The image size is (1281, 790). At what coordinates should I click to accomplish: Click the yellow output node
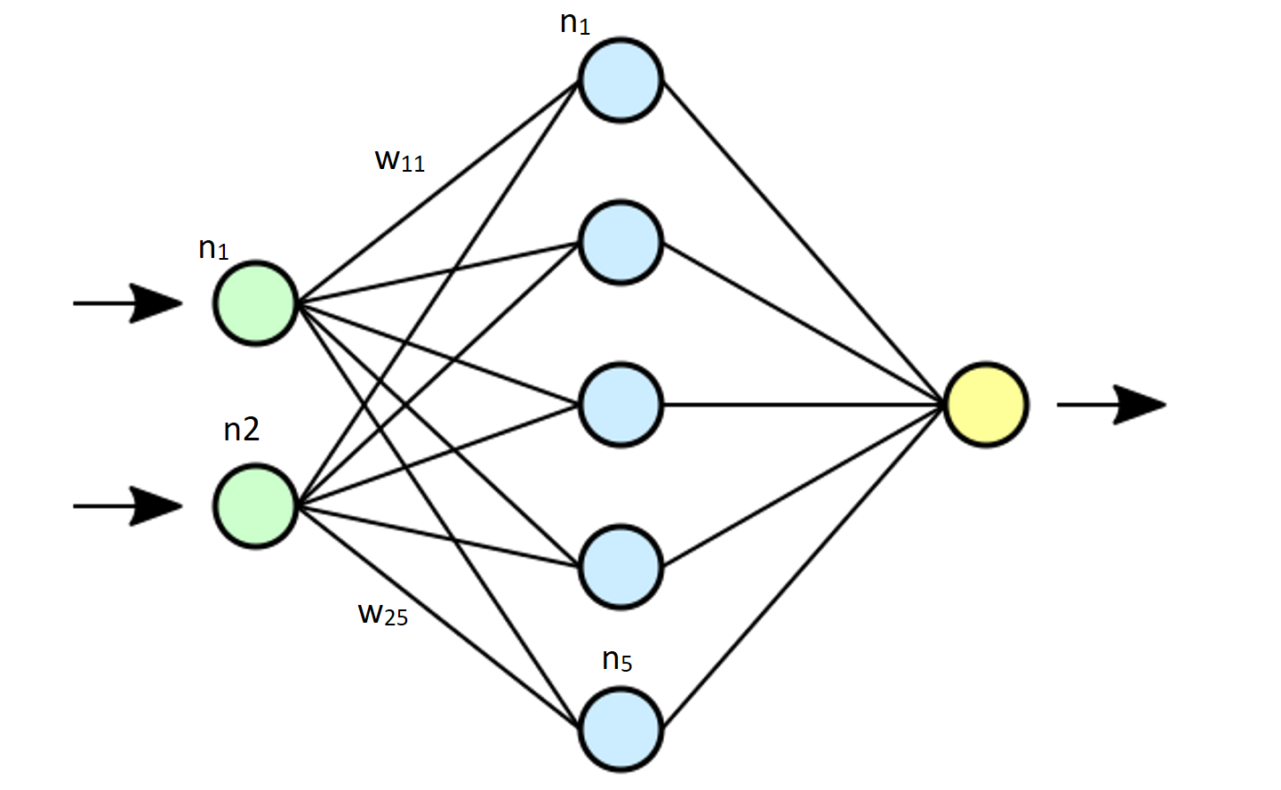tap(986, 405)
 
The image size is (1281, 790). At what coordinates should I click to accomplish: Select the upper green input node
tap(255, 303)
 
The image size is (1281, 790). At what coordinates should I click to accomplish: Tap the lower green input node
tap(255, 505)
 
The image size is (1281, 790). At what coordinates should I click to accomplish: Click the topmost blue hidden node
tap(620, 79)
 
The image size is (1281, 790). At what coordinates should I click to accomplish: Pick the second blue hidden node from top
tap(620, 242)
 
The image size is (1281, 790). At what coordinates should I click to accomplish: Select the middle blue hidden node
tap(620, 405)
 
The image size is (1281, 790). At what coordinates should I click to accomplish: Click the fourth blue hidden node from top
tap(620, 568)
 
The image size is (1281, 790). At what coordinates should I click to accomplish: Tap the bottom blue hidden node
tap(620, 730)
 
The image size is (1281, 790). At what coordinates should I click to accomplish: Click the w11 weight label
tap(400, 160)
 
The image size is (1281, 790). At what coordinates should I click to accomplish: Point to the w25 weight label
tap(383, 614)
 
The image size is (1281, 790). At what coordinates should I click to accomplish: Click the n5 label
tap(617, 660)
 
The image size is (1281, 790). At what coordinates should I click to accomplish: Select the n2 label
tap(241, 430)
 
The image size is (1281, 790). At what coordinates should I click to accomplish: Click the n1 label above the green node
tap(213, 248)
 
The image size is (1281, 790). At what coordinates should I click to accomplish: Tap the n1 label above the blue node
tap(575, 23)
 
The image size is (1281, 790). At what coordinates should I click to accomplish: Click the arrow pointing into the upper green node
tap(129, 303)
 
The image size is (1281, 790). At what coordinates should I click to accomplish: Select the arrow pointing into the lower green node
tap(129, 506)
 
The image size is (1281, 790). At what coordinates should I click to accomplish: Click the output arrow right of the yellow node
tap(1111, 405)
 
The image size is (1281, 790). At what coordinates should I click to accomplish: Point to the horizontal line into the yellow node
tap(800, 405)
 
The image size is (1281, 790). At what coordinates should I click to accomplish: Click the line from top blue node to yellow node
tap(800, 240)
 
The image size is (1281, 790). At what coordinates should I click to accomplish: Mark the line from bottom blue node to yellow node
tap(800, 569)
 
